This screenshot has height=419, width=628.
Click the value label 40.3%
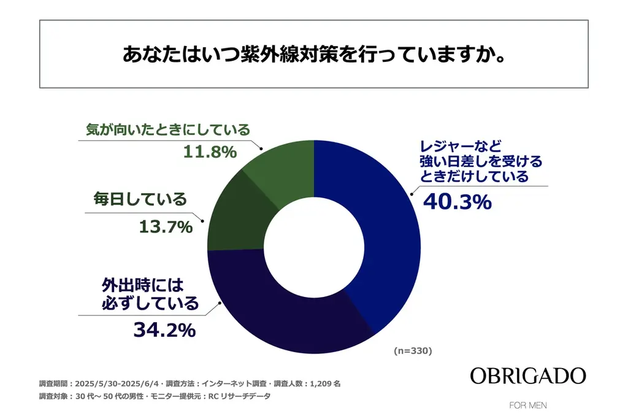[x=457, y=201]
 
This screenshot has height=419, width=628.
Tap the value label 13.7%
[x=164, y=227]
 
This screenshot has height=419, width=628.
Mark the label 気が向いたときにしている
[x=166, y=130]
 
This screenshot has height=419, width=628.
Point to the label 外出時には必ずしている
[x=150, y=294]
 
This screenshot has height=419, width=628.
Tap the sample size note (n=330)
[x=413, y=352]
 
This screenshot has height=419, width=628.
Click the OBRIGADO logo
[x=527, y=376]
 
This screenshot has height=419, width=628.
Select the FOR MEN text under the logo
[x=528, y=406]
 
